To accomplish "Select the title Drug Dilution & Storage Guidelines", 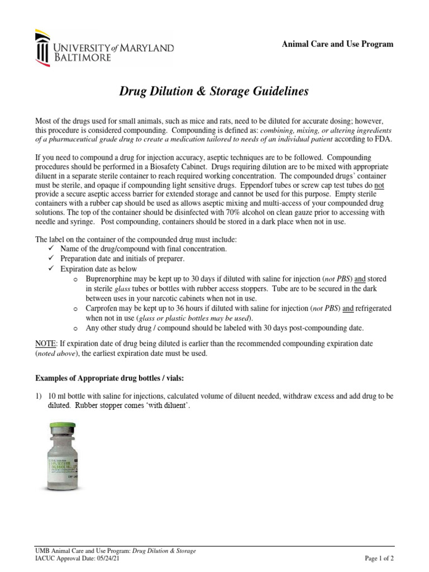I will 214,92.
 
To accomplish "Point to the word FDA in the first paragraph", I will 383,139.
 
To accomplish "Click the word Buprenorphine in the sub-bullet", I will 111,278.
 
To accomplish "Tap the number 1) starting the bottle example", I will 39,396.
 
